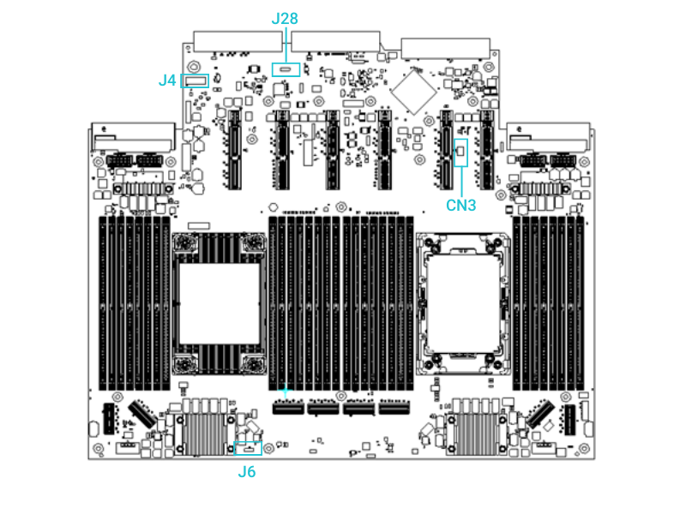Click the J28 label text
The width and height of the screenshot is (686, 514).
(284, 18)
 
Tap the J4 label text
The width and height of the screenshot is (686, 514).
(167, 81)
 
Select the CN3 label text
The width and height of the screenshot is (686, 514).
(460, 206)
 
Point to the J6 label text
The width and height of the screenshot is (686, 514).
(247, 471)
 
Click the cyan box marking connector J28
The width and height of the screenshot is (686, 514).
(286, 69)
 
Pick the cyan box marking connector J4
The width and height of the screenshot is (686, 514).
(196, 81)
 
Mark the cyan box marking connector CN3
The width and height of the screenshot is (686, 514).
(461, 152)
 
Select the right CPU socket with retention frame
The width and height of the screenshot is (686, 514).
(463, 305)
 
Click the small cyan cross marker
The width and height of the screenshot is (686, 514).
(286, 391)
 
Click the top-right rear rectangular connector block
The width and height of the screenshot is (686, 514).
(446, 49)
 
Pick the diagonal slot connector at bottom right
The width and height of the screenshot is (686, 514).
(541, 415)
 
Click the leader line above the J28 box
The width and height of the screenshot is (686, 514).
(285, 45)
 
